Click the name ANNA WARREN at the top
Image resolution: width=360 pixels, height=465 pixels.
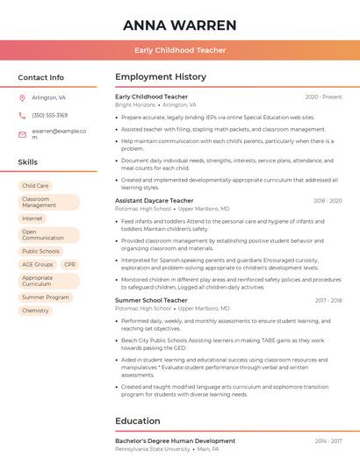click(x=180, y=25)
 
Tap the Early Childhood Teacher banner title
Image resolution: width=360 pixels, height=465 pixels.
click(x=180, y=51)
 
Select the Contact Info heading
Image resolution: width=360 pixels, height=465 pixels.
click(x=40, y=77)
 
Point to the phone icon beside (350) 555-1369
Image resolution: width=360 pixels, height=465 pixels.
click(x=22, y=115)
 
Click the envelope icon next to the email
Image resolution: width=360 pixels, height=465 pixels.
click(x=22, y=134)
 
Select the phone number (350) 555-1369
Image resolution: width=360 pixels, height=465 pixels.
click(x=49, y=115)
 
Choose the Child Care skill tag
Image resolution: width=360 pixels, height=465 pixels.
click(x=35, y=186)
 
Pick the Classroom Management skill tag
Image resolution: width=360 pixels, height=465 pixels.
click(x=48, y=202)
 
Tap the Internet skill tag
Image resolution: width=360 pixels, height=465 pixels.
click(x=32, y=218)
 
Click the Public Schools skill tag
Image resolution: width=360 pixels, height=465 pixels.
click(x=41, y=251)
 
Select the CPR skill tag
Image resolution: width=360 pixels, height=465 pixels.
click(x=69, y=264)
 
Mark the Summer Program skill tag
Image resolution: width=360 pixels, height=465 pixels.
click(x=46, y=297)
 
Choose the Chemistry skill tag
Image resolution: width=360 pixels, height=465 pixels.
click(x=35, y=311)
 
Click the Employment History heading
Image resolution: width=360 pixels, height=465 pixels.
click(x=161, y=77)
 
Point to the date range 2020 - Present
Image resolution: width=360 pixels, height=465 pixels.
click(x=323, y=97)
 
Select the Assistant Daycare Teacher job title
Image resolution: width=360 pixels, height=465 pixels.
click(x=154, y=201)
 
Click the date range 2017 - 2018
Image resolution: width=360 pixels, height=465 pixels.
click(x=328, y=300)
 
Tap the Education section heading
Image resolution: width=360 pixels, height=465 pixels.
click(x=137, y=421)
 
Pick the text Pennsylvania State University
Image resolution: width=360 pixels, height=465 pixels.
click(x=152, y=448)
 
